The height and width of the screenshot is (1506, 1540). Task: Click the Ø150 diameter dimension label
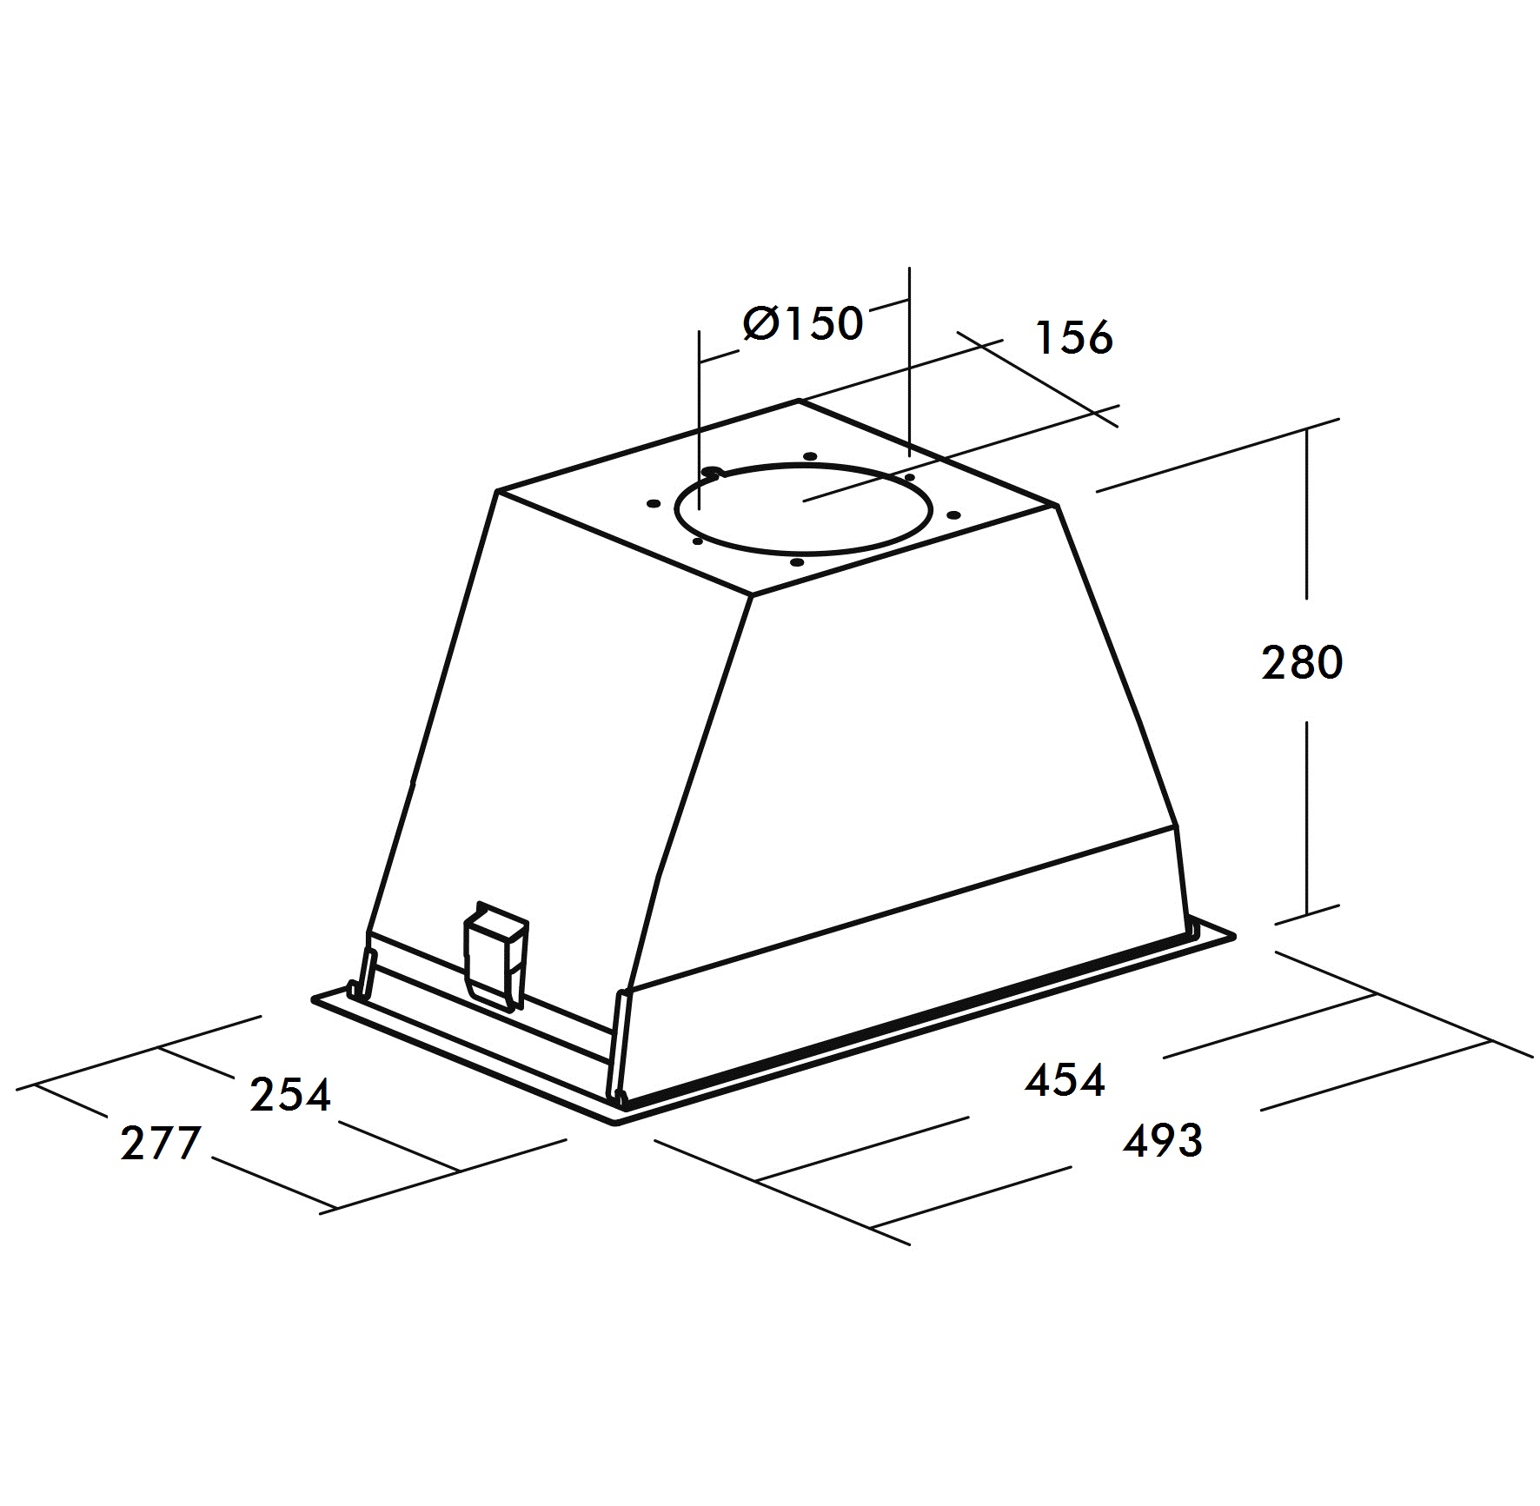point(802,323)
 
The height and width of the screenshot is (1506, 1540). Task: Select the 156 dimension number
point(1074,337)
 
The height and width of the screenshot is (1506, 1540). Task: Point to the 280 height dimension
point(1302,662)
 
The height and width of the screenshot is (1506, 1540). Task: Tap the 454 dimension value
point(1065,1080)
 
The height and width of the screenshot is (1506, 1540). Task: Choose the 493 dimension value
point(1162,1140)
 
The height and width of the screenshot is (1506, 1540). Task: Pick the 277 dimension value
point(161,1143)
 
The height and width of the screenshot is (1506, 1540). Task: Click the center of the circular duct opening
point(803,510)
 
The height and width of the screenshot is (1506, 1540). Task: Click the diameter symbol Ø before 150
point(762,323)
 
